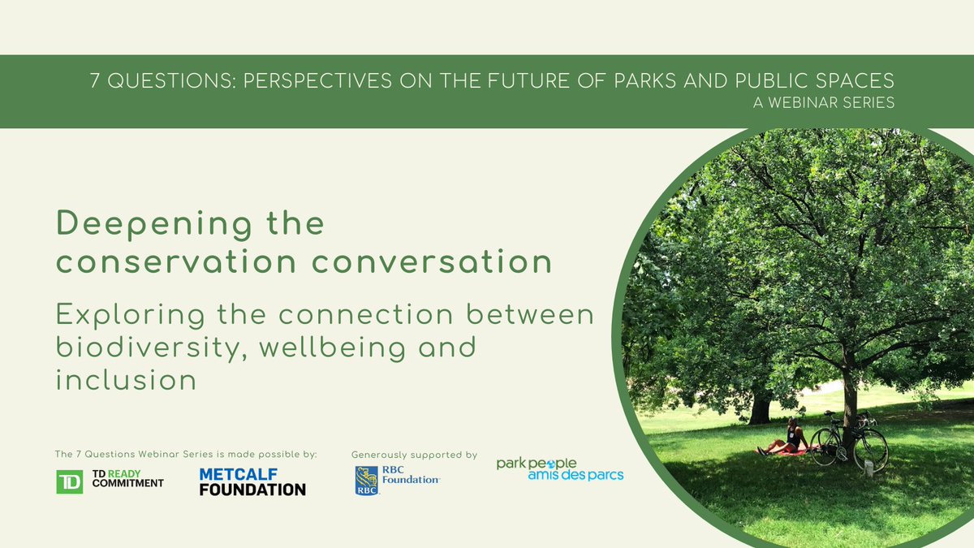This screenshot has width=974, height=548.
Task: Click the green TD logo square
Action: (69, 481)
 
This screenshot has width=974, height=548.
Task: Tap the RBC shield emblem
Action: (366, 481)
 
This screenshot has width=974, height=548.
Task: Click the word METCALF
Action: (239, 474)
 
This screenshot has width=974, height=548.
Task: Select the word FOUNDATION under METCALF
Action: (252, 490)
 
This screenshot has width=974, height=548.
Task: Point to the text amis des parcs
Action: (575, 475)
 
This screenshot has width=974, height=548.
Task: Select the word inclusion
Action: (126, 379)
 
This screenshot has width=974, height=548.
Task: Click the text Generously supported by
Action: (414, 455)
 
